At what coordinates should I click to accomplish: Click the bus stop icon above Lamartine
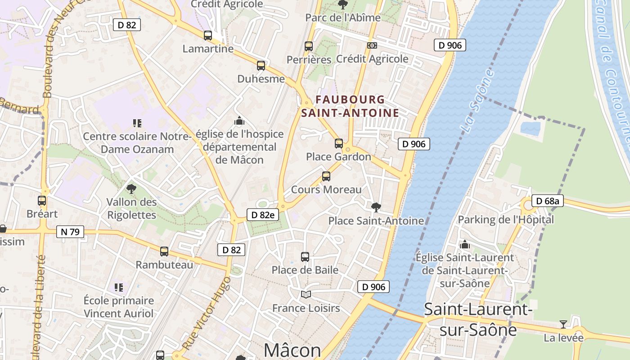tap(207, 36)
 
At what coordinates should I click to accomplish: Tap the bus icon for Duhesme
tap(261, 66)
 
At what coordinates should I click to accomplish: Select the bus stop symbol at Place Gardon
tap(339, 144)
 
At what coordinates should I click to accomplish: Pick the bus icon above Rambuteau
tap(164, 252)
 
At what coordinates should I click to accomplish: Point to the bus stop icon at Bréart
tap(42, 201)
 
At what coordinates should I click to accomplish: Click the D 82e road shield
tap(262, 215)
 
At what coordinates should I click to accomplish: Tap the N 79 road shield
tap(70, 232)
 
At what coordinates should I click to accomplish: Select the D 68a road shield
tap(547, 201)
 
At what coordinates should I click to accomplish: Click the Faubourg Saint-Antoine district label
tap(350, 106)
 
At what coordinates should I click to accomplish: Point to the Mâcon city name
tap(292, 350)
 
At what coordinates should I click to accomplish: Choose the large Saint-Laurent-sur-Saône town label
tap(478, 319)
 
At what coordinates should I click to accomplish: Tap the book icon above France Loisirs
tap(306, 294)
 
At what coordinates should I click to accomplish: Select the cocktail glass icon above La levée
tap(563, 324)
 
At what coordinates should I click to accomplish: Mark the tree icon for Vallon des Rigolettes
tap(131, 189)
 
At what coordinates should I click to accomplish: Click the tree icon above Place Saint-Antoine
tap(376, 207)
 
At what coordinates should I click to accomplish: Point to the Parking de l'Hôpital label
tap(506, 220)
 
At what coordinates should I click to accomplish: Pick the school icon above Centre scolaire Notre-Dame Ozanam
tap(137, 123)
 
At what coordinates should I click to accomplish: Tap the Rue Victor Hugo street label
tap(207, 313)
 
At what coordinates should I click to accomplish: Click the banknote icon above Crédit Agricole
tap(372, 45)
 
